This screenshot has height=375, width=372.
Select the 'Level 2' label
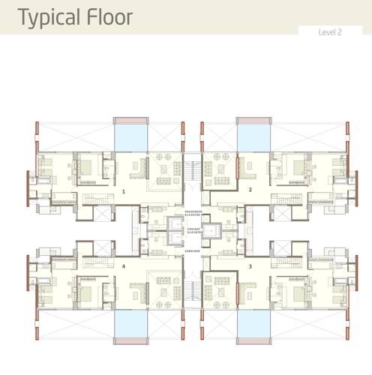pyautogui.click(x=330, y=32)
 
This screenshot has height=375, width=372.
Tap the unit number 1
pyautogui.click(x=124, y=191)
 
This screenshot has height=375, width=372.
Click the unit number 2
pyautogui.click(x=250, y=190)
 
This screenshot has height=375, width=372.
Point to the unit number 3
pyautogui.click(x=250, y=266)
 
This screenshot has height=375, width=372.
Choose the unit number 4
pyautogui.click(x=124, y=266)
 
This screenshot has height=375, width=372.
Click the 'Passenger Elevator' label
pyautogui.click(x=193, y=214)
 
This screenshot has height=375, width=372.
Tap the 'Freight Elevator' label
pyautogui.click(x=193, y=232)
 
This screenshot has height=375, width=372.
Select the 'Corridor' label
pyautogui.click(x=193, y=251)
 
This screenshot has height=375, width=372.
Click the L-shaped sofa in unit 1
pyautogui.click(x=138, y=169)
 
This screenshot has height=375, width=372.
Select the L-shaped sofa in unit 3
pyautogui.click(x=244, y=289)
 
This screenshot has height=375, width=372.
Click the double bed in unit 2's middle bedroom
pyautogui.click(x=297, y=166)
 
